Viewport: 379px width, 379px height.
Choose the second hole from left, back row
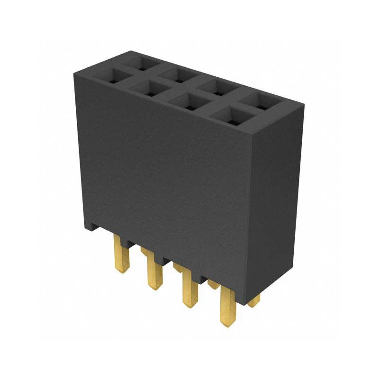[175, 74]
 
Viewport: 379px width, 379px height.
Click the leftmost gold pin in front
[121, 256]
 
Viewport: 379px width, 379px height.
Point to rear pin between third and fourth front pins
[213, 284]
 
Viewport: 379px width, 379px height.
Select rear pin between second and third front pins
[178, 268]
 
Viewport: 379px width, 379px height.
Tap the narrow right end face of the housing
[275, 199]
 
